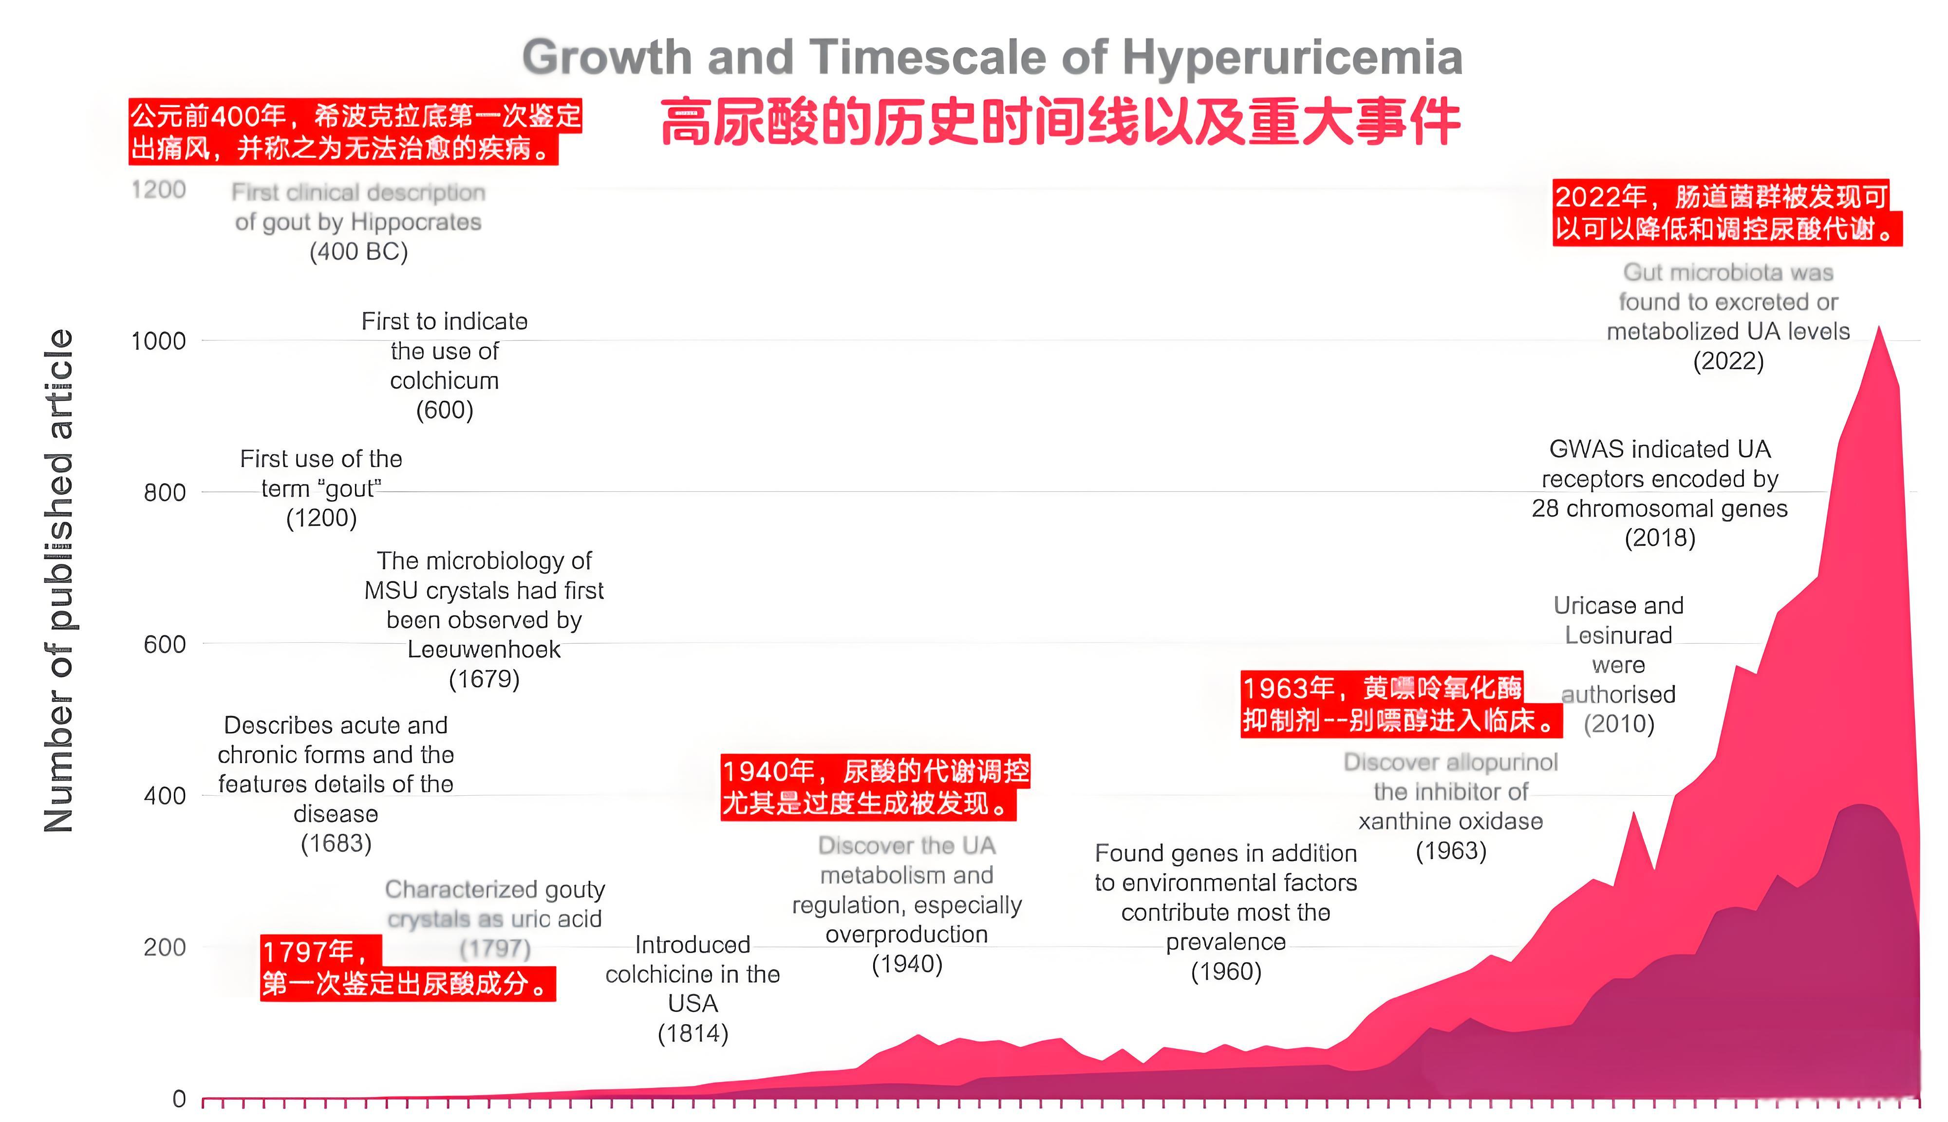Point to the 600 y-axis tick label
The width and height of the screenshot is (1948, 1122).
click(x=164, y=644)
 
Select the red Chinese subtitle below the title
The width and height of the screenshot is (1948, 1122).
click(x=1060, y=122)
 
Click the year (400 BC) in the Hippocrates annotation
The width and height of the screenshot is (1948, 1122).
click(x=358, y=252)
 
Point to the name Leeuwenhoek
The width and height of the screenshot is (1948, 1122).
click(x=484, y=650)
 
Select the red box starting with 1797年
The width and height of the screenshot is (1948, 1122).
click(x=407, y=968)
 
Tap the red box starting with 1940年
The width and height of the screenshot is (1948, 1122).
click(x=875, y=787)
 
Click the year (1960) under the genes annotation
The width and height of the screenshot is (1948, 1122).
click(x=1226, y=972)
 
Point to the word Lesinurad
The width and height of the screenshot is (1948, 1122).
click(x=1618, y=636)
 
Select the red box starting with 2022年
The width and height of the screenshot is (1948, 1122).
click(x=1726, y=213)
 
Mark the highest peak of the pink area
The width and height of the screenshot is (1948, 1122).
click(x=1879, y=328)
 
